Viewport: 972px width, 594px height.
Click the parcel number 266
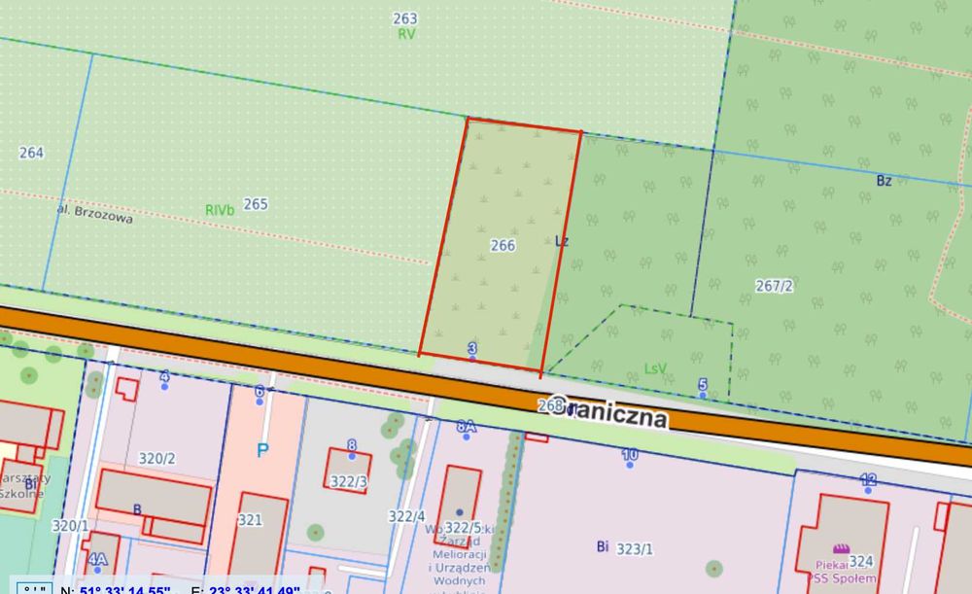[503, 246]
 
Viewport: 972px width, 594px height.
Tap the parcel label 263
[405, 18]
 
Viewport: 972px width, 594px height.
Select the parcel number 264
[31, 153]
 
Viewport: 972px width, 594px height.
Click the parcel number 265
[256, 204]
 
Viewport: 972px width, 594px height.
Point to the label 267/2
[775, 285]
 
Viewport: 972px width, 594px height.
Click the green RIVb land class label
[220, 210]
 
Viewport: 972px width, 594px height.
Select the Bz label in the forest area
[884, 181]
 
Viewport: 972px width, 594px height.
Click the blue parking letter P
[262, 450]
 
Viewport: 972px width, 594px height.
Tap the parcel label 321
[251, 520]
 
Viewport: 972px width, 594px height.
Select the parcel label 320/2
[156, 459]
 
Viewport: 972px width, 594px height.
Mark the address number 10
[630, 454]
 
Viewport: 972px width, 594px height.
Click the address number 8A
[467, 427]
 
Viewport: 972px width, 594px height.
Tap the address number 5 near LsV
[703, 385]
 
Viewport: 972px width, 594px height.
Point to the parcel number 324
[861, 561]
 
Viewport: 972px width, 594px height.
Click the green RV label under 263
[406, 33]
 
